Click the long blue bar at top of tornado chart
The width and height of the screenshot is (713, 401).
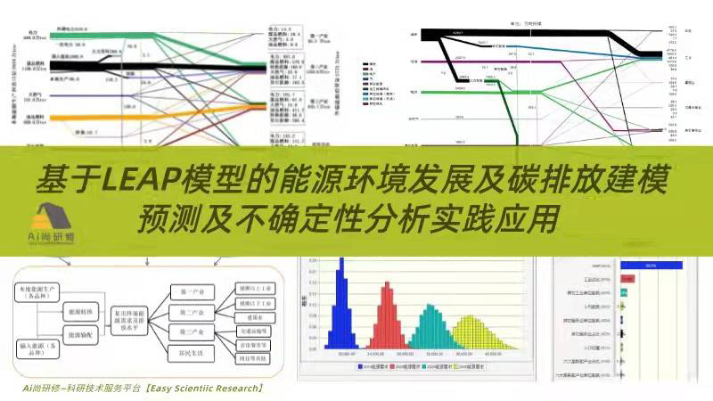[x=651, y=265]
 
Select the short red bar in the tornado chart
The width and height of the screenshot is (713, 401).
[x=627, y=279]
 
